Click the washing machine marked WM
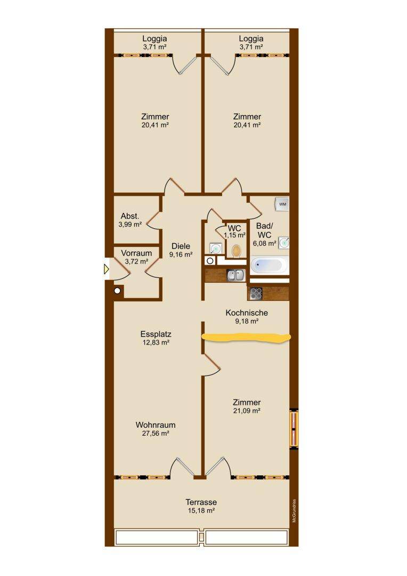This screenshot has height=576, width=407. point(282,204)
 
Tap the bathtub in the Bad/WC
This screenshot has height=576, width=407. point(269,265)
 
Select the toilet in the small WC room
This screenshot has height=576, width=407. point(237,251)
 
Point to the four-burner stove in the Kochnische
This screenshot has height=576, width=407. point(256,294)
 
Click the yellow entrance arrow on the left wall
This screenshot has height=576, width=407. point(107,270)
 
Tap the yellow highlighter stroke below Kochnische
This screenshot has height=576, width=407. point(247,337)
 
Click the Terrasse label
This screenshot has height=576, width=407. point(201,502)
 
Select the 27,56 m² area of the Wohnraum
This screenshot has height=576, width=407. point(156,434)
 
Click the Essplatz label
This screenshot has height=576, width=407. point(156,334)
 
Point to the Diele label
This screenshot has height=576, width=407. point(181,246)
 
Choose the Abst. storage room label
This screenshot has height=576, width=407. point(130,217)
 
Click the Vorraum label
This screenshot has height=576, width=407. point(136,253)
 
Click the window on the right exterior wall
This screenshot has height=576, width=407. point(294,429)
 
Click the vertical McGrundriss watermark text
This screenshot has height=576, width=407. point(295,511)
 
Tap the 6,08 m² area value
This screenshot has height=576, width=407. point(265,244)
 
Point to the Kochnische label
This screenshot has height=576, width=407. point(247,313)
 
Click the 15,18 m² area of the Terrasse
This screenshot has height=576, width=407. point(201,511)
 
